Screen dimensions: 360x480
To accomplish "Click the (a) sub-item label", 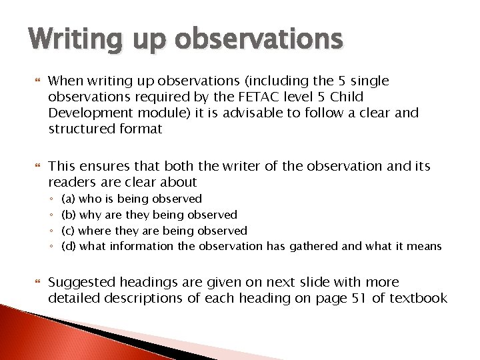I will tap(68, 199).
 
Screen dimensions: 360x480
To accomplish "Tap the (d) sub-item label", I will tap(68, 247).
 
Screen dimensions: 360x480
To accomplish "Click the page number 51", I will tap(358, 298).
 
